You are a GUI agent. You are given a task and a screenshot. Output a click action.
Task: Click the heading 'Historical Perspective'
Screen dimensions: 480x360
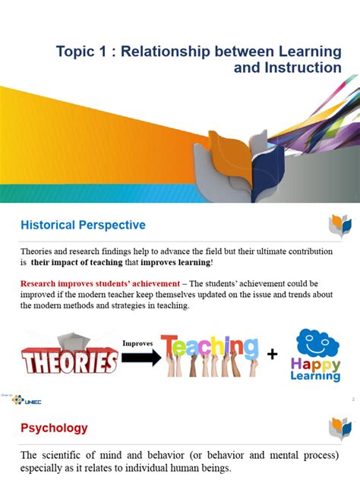pyautogui.click(x=82, y=226)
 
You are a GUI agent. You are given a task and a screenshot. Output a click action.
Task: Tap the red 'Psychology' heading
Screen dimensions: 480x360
pyautogui.click(x=54, y=428)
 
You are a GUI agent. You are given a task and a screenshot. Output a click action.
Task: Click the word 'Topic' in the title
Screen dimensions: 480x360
pyautogui.click(x=75, y=52)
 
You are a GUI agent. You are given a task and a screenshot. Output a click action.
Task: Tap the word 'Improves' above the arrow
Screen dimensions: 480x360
pyautogui.click(x=138, y=343)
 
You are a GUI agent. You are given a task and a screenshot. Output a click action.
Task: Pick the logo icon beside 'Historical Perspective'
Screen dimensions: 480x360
pyautogui.click(x=339, y=226)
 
